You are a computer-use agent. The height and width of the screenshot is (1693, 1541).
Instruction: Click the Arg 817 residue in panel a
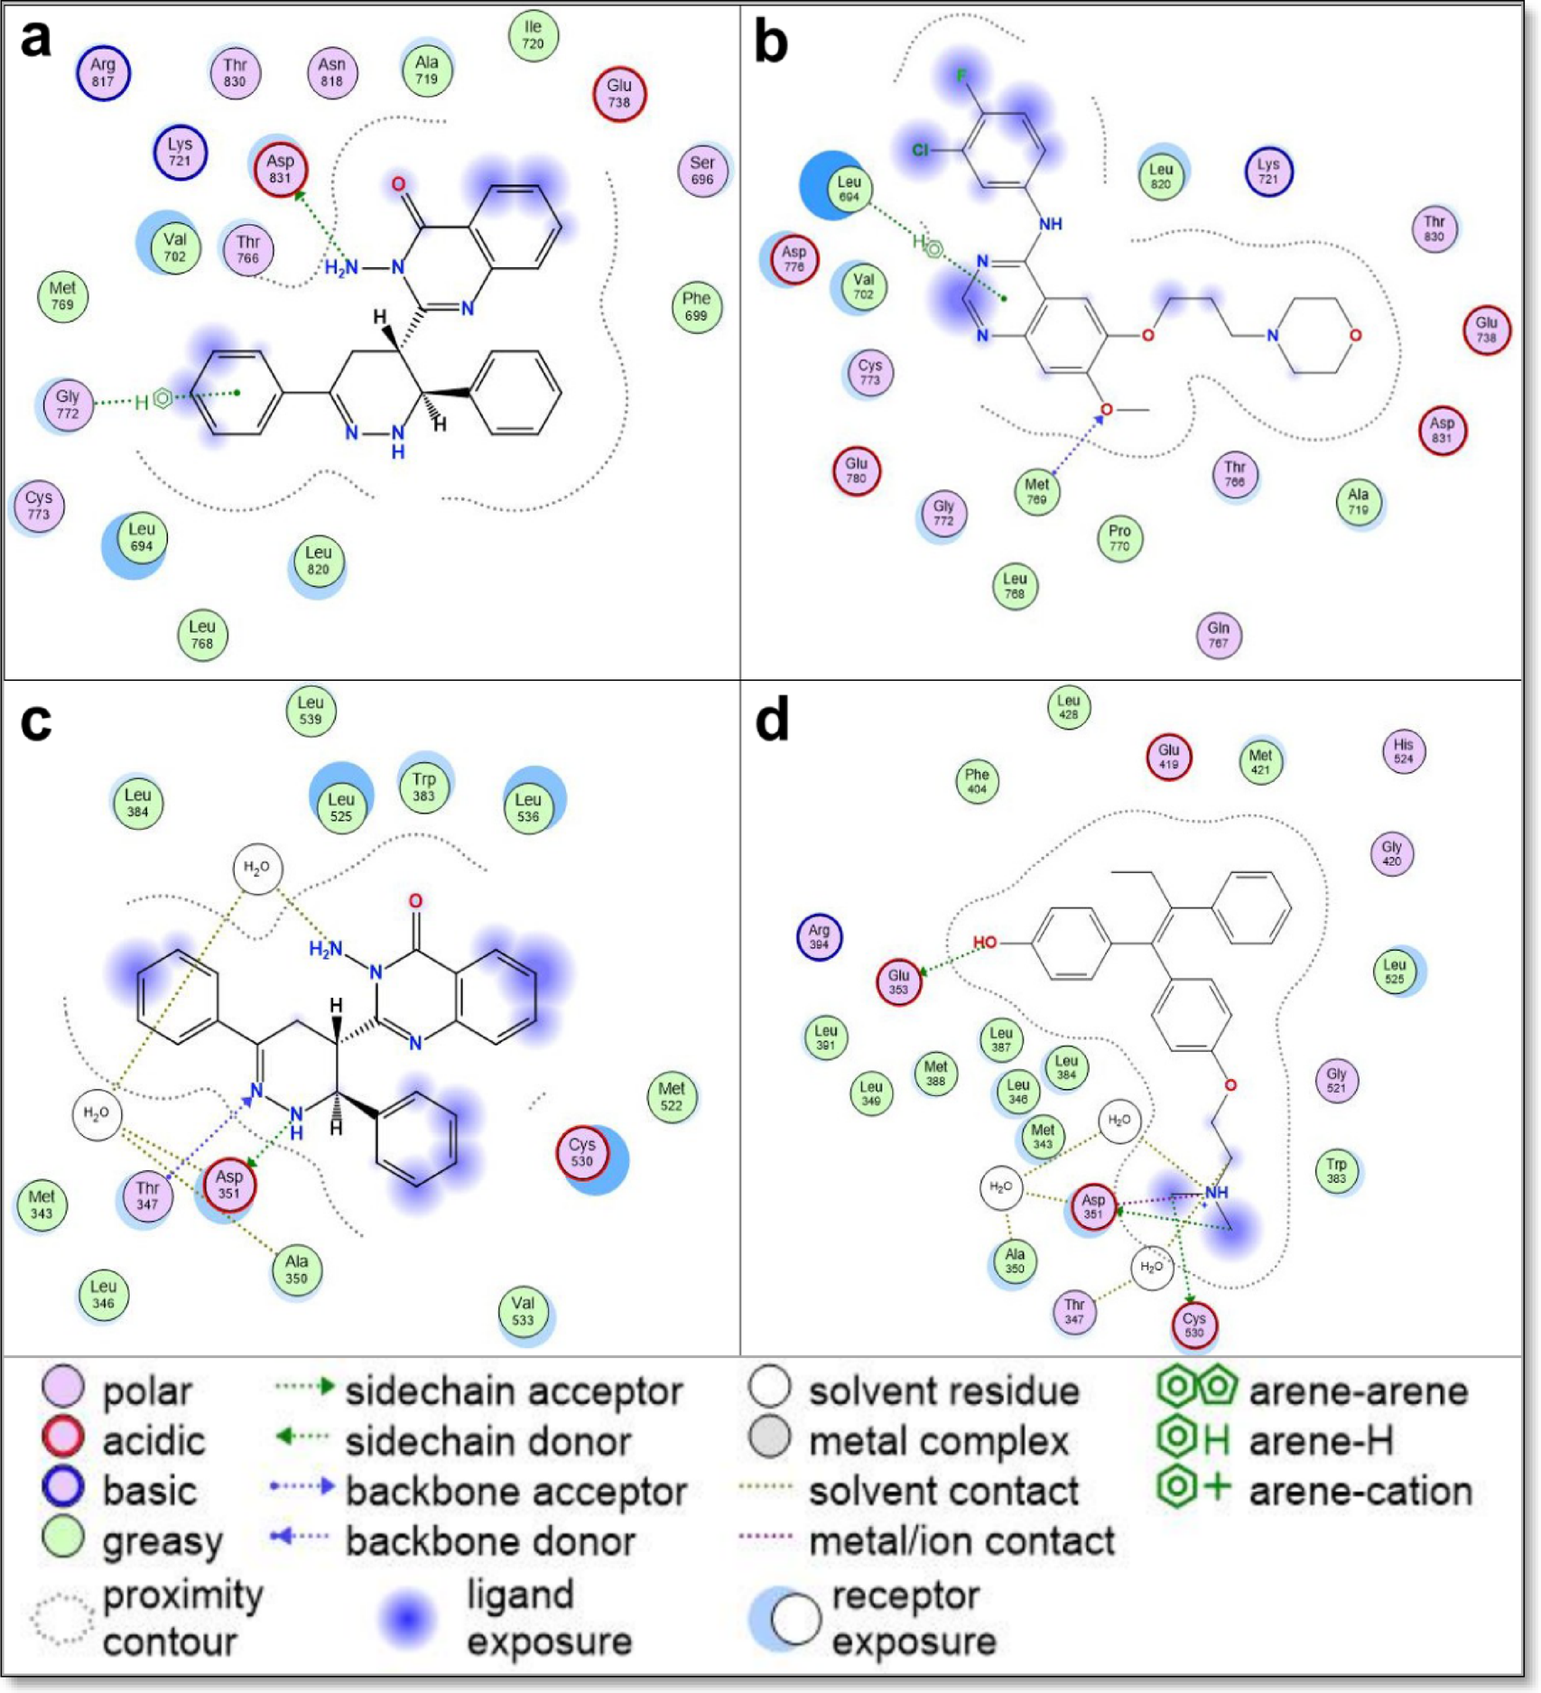(103, 73)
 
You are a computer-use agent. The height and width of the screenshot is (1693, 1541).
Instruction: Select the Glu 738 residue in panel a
(618, 93)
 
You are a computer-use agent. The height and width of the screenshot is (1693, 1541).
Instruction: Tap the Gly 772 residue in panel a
(68, 405)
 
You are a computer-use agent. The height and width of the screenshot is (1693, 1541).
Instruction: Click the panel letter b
(770, 42)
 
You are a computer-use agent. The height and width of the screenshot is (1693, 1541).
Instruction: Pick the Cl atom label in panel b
(919, 150)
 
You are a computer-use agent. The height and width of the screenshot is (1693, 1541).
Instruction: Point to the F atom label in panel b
(961, 76)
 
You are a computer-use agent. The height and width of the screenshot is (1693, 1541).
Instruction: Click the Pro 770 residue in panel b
(1119, 538)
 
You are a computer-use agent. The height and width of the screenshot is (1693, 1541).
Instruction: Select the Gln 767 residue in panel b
(1218, 635)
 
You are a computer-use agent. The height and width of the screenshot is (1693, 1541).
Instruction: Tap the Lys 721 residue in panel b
(1268, 172)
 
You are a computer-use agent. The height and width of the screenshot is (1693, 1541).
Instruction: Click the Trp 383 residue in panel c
(423, 786)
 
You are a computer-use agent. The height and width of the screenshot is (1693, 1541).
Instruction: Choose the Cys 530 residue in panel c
(582, 1152)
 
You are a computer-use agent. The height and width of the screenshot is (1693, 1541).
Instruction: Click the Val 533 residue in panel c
(523, 1310)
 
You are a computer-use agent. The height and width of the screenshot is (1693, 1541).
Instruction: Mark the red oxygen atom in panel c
(415, 900)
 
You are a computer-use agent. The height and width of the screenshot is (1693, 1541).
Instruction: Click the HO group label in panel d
(985, 943)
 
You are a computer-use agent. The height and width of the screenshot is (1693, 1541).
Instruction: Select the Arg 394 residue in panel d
(819, 936)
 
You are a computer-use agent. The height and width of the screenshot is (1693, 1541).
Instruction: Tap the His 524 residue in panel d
(1403, 751)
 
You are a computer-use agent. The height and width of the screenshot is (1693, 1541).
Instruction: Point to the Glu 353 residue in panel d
(898, 981)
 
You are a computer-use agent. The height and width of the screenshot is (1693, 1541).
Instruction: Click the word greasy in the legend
(162, 1542)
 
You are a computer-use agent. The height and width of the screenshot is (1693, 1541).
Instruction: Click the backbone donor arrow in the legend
(301, 1536)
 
